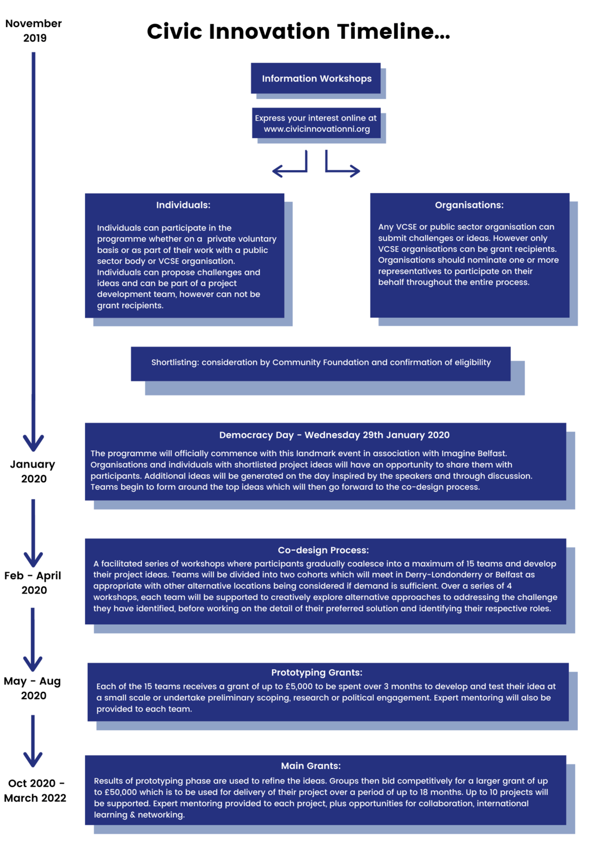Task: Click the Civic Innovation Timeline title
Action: pos(298,32)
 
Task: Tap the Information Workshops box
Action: pos(316,78)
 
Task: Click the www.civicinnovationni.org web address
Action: pos(317,129)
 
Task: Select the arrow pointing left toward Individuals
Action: pos(289,167)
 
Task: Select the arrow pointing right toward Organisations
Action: pos(342,167)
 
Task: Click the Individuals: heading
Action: pos(183,205)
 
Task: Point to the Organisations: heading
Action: pos(469,205)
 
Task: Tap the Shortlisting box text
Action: pos(320,362)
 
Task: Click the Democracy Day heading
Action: pos(334,435)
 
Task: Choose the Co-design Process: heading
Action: pos(323,550)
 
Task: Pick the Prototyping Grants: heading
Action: pos(317,672)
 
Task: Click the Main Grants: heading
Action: pos(311,766)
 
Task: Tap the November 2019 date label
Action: pos(34,30)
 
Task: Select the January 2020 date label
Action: pos(33,472)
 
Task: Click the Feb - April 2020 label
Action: pos(33,582)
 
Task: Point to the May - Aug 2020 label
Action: pos(33,688)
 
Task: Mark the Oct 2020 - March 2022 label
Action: pos(35,790)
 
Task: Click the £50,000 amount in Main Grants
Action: pos(121,792)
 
